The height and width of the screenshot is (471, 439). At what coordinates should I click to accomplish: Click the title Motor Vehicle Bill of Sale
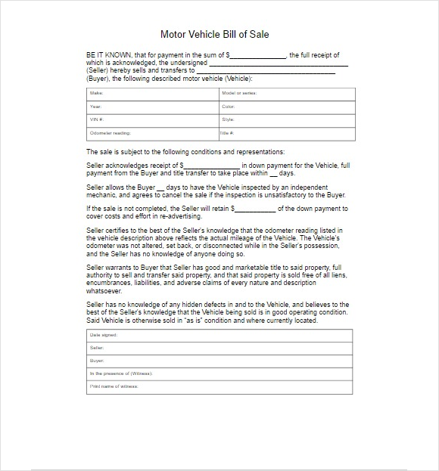click(x=214, y=34)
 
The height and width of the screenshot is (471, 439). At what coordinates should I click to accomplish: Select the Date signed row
click(x=219, y=335)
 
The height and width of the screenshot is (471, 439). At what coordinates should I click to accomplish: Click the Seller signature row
click(x=219, y=348)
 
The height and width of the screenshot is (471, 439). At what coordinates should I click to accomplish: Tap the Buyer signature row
click(x=219, y=361)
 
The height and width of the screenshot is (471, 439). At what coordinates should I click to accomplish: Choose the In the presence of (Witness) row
click(x=219, y=373)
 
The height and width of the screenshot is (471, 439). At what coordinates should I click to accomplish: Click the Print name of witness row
click(x=219, y=387)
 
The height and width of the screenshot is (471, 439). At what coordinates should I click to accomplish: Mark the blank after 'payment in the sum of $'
click(x=258, y=56)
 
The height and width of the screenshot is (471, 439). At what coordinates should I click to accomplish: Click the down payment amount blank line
click(x=211, y=166)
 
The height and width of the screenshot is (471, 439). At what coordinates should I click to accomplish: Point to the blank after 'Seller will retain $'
click(x=254, y=209)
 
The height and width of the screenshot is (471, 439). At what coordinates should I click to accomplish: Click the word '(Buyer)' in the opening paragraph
click(x=98, y=79)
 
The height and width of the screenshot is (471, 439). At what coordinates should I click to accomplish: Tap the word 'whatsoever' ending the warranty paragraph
click(x=104, y=291)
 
